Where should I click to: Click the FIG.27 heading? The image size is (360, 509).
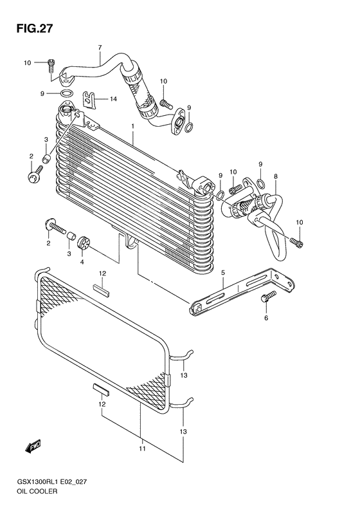30,28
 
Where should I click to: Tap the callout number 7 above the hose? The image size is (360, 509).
100,48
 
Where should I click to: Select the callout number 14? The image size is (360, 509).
113,99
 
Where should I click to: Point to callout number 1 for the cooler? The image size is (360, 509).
132,126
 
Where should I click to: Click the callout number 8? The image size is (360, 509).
276,176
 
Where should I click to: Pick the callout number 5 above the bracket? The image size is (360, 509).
223,273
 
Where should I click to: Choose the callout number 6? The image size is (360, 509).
266,318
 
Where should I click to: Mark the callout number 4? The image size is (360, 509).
82,261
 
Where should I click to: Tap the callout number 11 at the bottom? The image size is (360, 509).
141,449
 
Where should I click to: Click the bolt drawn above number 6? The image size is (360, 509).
267,297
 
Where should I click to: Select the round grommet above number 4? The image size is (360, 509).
83,245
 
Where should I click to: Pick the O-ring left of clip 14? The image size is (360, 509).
66,94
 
